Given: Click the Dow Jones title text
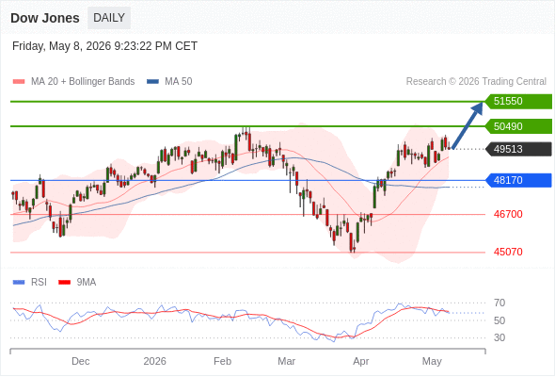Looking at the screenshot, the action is (45, 18).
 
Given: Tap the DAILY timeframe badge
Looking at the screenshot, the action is (109, 18).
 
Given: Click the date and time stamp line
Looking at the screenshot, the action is (104, 46).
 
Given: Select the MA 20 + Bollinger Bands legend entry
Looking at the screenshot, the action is (73, 82).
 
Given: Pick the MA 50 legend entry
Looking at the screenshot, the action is (169, 82).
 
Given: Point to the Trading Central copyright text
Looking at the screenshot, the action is (476, 82).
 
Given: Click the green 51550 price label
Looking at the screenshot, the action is (518, 102).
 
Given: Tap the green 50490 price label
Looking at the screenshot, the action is (518, 126).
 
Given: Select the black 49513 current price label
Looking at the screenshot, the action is (518, 149).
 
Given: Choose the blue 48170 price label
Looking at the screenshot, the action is (518, 180).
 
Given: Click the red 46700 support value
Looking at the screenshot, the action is (508, 214).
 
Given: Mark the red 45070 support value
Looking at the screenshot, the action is (508, 252).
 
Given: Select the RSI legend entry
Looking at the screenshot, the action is (30, 283).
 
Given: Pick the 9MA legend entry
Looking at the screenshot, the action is (77, 283).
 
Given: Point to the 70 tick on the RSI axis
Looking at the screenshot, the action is (499, 303).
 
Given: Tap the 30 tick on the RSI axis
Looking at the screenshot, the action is (499, 337).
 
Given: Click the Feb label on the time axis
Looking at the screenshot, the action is (222, 361).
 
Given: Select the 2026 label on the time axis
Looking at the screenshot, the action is (154, 361).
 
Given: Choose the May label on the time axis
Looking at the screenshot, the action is (432, 362).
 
